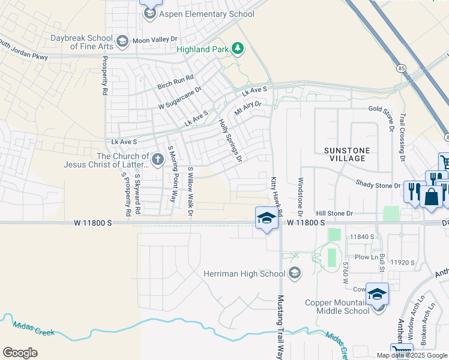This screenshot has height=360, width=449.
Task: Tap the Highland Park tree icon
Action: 238,48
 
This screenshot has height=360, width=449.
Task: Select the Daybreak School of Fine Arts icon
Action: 122,41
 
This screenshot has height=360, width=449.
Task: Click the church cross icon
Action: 158,159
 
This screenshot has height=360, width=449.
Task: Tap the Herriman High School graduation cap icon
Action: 294,274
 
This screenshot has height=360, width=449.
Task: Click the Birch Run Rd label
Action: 175,79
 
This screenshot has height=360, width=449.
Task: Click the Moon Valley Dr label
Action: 155,40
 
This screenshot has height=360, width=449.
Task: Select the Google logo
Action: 20,353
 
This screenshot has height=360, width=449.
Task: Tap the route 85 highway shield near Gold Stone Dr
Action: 400,68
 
